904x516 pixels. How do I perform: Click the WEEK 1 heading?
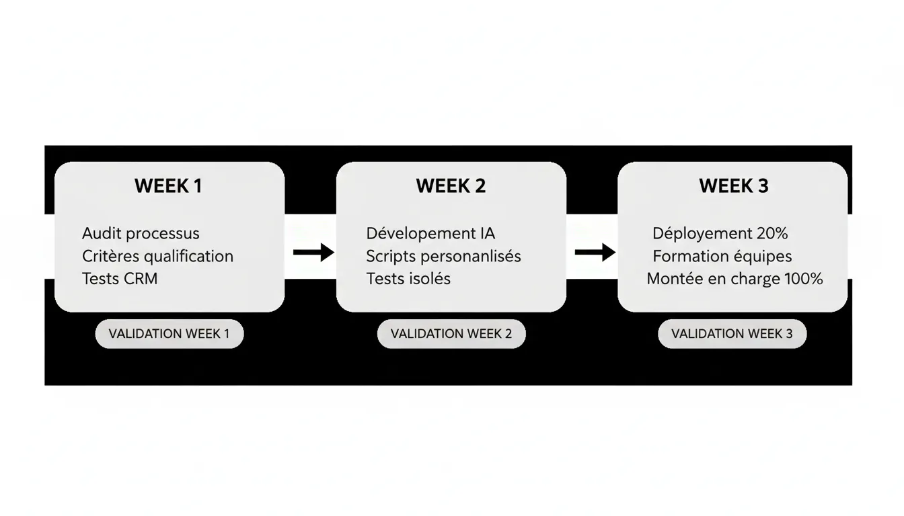pyautogui.click(x=168, y=186)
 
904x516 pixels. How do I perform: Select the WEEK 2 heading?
pyautogui.click(x=451, y=186)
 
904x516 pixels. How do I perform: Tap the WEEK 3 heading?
pyautogui.click(x=733, y=186)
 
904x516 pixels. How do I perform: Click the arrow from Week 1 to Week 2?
pyautogui.click(x=313, y=253)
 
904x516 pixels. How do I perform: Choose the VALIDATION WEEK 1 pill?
pyautogui.click(x=169, y=334)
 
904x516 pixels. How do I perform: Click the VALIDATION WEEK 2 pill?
pyautogui.click(x=451, y=334)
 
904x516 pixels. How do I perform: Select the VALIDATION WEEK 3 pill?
pyautogui.click(x=732, y=334)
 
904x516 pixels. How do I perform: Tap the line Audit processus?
pyautogui.click(x=141, y=234)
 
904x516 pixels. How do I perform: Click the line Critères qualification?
pyautogui.click(x=157, y=257)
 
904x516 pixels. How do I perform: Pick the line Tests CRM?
pyautogui.click(x=120, y=279)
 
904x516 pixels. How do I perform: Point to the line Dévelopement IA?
pyautogui.click(x=430, y=234)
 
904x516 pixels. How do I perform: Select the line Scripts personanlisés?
pyautogui.click(x=443, y=257)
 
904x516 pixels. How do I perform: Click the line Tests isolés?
pyautogui.click(x=408, y=279)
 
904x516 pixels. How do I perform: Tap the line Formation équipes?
pyautogui.click(x=722, y=257)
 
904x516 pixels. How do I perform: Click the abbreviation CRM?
pyautogui.click(x=141, y=279)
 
